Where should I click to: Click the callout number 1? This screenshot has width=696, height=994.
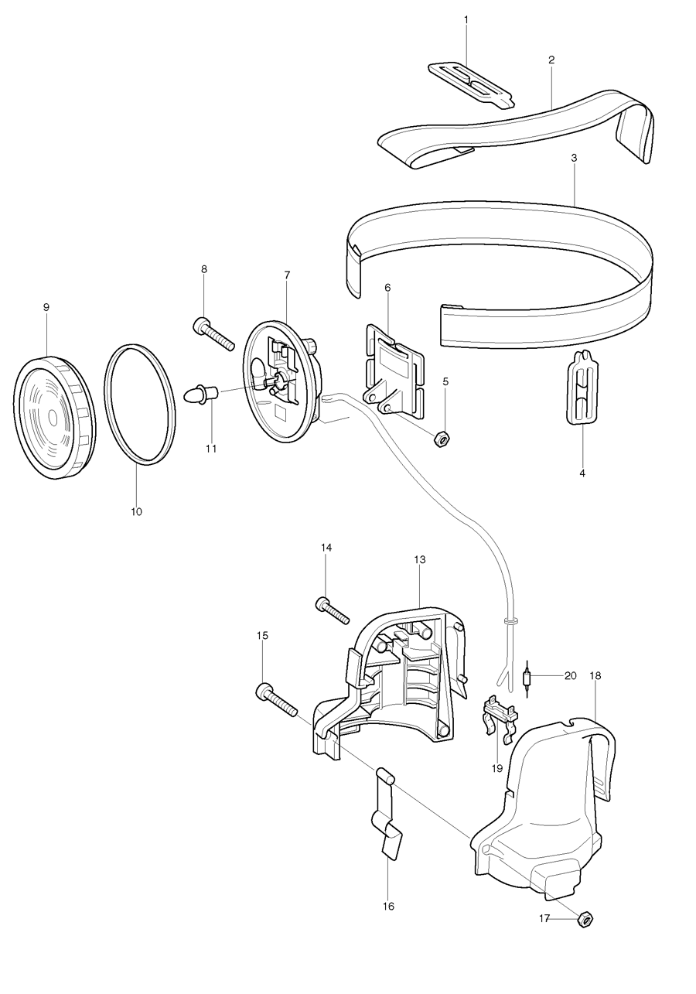click(466, 19)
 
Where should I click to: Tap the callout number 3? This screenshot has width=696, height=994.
click(574, 158)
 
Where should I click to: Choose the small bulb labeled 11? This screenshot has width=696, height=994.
click(203, 393)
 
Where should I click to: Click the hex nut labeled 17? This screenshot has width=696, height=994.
click(585, 919)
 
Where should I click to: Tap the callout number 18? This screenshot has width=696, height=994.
click(595, 675)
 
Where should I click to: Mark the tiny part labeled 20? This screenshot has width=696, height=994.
click(527, 679)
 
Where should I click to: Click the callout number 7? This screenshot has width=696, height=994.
click(287, 275)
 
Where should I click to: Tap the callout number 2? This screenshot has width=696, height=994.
click(551, 60)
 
